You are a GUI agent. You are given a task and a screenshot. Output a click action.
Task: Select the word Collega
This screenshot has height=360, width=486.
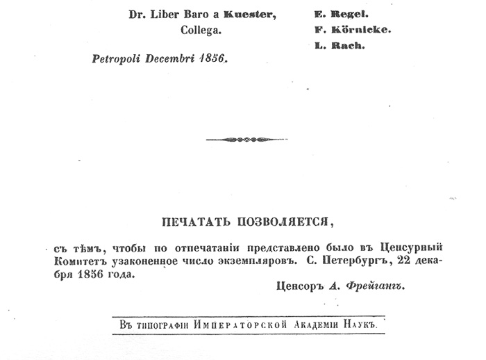pyautogui.click(x=199, y=31)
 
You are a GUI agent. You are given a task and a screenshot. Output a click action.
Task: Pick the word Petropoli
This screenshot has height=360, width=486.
pyautogui.click(x=115, y=60)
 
